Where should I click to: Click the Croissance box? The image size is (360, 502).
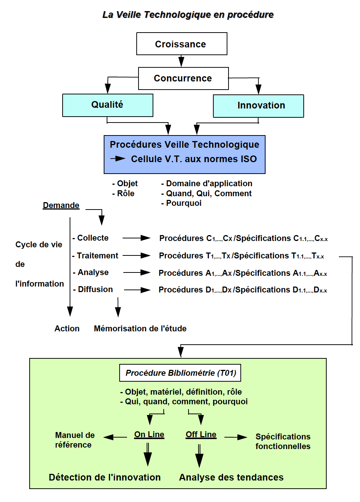[x=181, y=44]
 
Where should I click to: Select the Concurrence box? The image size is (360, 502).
[x=183, y=78]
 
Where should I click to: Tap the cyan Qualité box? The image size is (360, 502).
[x=108, y=105]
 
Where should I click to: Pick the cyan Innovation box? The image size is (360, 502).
[x=258, y=106]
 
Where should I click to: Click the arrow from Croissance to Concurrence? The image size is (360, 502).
[x=181, y=61]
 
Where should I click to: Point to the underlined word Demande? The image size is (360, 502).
[x=61, y=205]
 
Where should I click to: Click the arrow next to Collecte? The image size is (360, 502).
[x=136, y=238]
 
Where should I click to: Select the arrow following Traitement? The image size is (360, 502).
[x=137, y=255]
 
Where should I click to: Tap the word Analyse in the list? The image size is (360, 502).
[x=93, y=272]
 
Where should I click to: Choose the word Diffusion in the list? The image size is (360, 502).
[x=95, y=290]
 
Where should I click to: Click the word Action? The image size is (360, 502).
[x=67, y=328]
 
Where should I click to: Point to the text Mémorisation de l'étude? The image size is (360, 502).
[x=140, y=328]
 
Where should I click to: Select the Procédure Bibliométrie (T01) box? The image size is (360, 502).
[x=180, y=373]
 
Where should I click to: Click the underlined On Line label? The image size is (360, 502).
[x=149, y=435]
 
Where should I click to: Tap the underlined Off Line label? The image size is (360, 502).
[x=201, y=435]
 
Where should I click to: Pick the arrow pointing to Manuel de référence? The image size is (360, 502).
[x=115, y=437]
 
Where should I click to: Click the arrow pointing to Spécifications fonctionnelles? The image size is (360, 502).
[x=236, y=437]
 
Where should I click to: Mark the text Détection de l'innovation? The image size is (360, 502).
[x=105, y=477]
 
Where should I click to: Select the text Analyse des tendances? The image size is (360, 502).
[x=231, y=477]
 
